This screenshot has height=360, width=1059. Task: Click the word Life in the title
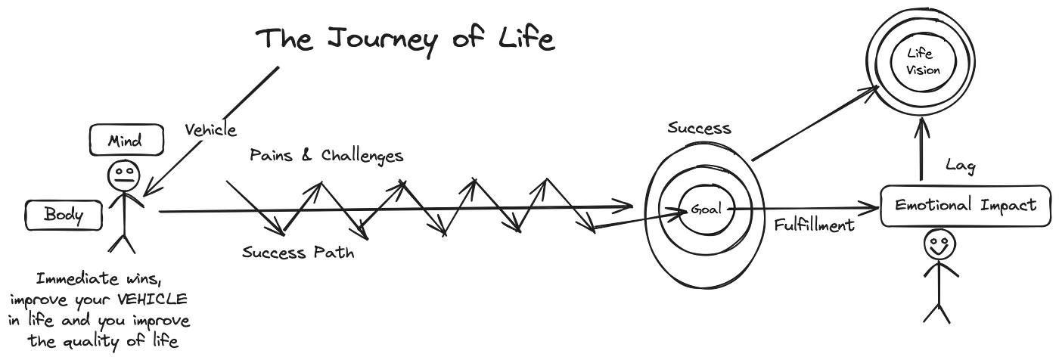[x=529, y=41]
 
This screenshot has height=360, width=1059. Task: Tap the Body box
[x=64, y=216]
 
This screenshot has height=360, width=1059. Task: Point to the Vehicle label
[x=209, y=130]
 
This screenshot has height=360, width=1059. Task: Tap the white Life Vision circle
[x=920, y=61]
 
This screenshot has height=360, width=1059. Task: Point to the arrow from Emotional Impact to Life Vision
[x=921, y=155]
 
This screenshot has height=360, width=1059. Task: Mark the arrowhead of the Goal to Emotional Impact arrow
[x=870, y=206]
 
